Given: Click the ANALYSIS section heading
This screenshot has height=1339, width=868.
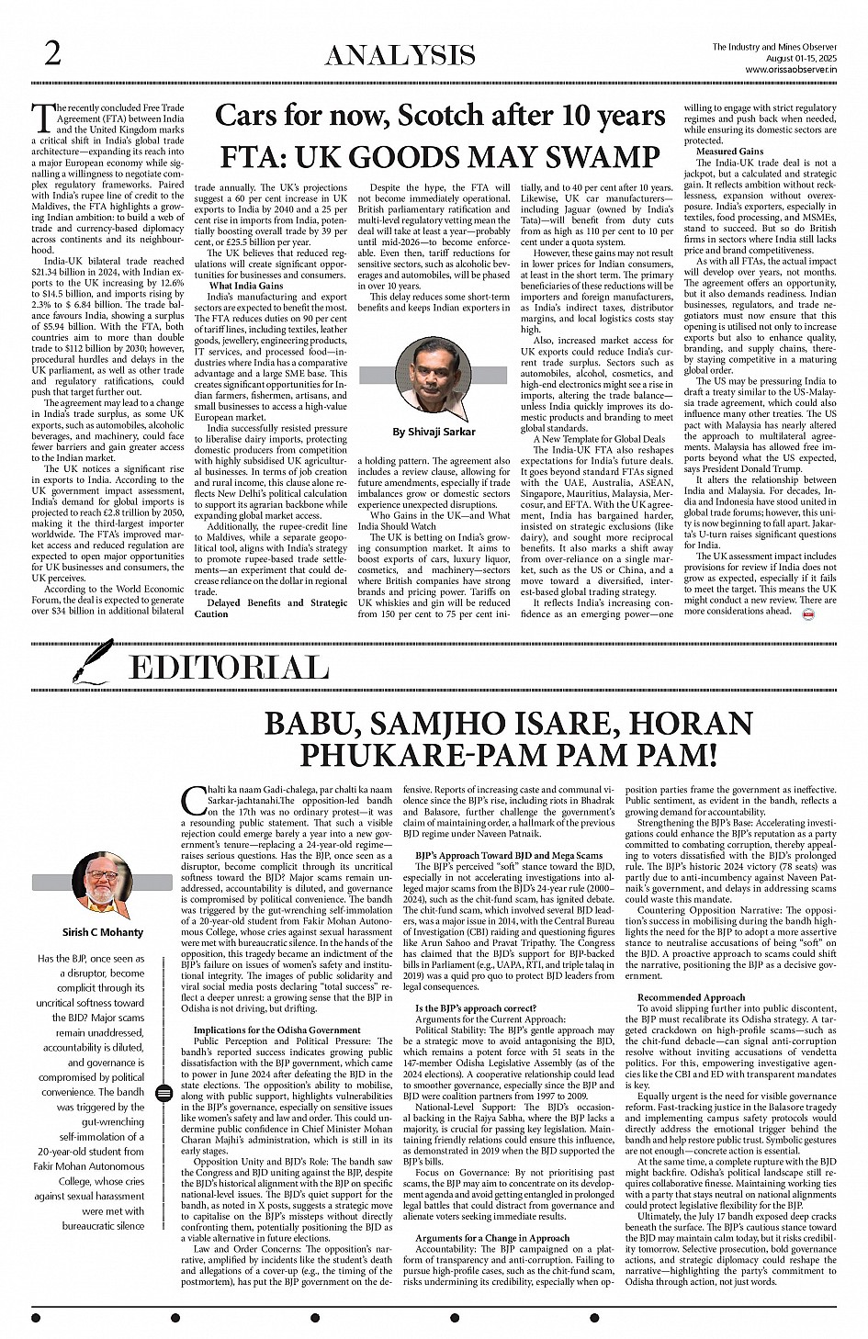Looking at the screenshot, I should (x=400, y=56).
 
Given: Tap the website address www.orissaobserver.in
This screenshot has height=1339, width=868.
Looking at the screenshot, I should (x=782, y=68).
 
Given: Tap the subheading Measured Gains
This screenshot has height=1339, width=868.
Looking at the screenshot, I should (x=729, y=151).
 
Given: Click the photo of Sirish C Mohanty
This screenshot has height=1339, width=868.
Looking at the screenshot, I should (x=102, y=884).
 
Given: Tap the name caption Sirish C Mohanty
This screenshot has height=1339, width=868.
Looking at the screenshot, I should (x=103, y=931).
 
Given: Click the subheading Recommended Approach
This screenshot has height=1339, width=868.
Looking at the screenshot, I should (x=691, y=996).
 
